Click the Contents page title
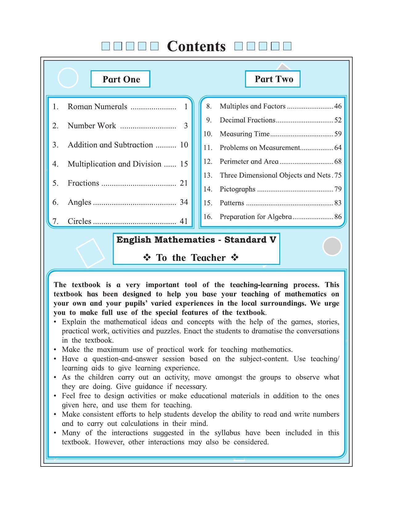point(196,46)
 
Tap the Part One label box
point(121,79)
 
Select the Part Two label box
point(273,79)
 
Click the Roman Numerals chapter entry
point(97,107)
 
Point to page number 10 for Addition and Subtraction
point(184,145)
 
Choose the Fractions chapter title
point(84,183)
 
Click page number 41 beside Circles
point(184,221)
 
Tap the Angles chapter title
point(80,202)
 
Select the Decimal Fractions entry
point(247,120)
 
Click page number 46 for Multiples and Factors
point(338,106)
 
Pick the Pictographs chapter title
point(237,189)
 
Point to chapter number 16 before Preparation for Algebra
point(208,217)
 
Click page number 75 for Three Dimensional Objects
point(338,175)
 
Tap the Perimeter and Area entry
point(249,162)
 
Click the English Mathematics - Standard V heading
point(196,240)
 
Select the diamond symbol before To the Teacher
point(147,257)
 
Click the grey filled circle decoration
point(332,246)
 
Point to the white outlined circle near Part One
point(68,78)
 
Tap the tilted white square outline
point(90,253)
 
